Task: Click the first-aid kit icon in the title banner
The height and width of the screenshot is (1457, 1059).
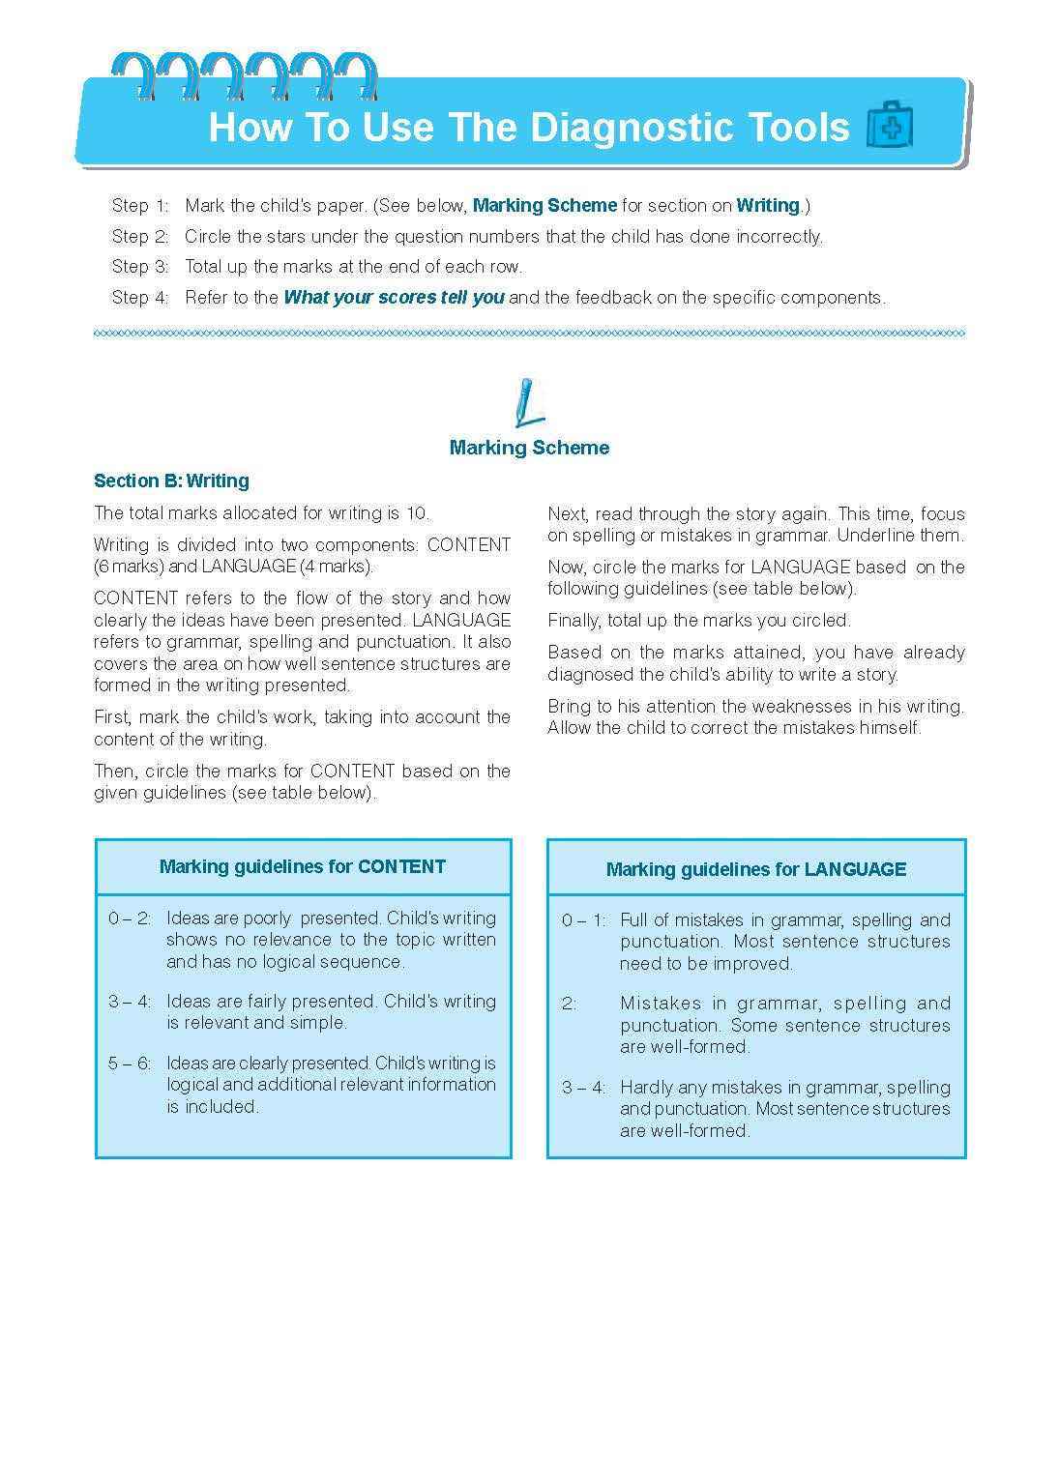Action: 889,127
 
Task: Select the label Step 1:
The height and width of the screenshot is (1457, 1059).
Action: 140,206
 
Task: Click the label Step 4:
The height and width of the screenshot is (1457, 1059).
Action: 140,298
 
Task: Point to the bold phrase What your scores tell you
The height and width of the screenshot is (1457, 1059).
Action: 394,298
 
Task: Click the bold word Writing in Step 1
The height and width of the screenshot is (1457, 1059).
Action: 768,206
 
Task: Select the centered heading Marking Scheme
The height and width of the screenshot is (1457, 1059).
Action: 529,448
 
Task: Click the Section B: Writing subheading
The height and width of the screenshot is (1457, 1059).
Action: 171,481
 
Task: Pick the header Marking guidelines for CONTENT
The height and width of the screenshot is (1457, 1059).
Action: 303,867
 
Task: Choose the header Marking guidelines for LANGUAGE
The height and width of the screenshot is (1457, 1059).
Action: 755,870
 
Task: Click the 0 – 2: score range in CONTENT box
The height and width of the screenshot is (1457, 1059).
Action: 130,918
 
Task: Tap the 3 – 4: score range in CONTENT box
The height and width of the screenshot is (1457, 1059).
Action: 130,1002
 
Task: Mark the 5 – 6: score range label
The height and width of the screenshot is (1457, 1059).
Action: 130,1064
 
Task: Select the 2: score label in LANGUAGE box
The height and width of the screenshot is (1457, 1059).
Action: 569,1004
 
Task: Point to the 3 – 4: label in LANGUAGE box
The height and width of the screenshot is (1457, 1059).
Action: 583,1088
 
